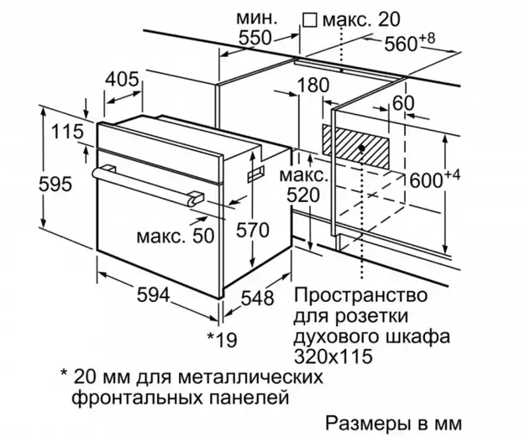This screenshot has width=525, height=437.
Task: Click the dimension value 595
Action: pos(55,185)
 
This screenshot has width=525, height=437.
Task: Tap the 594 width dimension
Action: pos(154,295)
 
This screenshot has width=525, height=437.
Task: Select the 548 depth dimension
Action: pos(258,298)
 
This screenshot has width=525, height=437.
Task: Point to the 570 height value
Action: pos(253,231)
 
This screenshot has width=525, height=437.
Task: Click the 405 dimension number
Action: pos(122,80)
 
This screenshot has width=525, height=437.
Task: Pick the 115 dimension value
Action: pos(67,132)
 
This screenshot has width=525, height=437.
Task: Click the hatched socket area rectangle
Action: pos(355,147)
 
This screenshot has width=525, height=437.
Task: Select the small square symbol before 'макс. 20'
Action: pos(309,20)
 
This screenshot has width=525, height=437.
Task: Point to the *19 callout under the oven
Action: pos(222,340)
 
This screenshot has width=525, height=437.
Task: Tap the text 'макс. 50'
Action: pos(175,237)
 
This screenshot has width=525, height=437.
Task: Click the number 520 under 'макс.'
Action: pos(303,195)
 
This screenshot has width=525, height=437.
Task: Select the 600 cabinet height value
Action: pos(426,181)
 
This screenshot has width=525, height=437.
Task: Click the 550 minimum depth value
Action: pos(255,38)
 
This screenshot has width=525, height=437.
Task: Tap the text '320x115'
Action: pos(333,356)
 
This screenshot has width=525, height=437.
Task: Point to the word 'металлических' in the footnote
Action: pos(251,377)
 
